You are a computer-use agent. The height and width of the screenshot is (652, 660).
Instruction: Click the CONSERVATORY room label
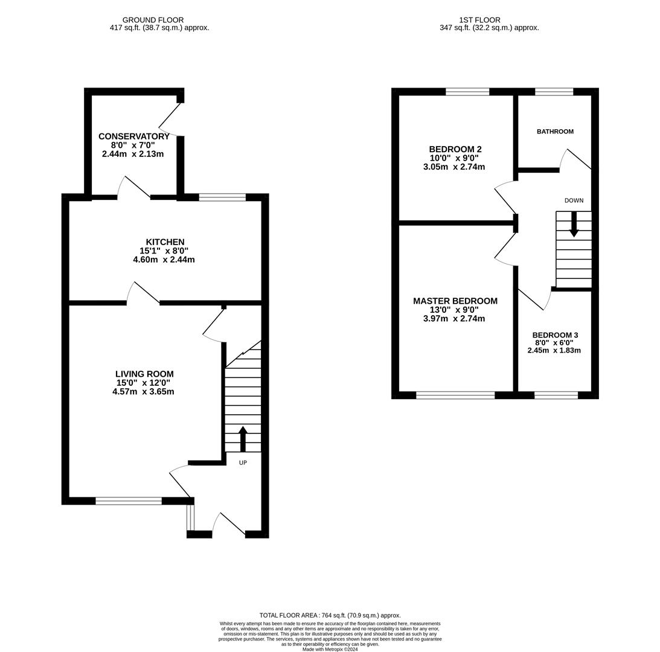(x=134, y=136)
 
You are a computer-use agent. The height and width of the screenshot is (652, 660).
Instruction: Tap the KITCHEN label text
(x=165, y=242)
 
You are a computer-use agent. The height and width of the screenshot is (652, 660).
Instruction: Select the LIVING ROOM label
(x=144, y=374)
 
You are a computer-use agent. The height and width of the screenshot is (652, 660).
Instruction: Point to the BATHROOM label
(x=555, y=132)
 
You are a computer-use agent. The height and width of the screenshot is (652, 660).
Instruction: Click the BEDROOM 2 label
(x=455, y=149)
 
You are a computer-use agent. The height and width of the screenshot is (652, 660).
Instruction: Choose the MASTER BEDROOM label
(x=455, y=301)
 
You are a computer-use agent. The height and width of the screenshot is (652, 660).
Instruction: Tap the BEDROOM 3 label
(x=555, y=335)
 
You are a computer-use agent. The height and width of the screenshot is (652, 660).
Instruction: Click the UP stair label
(x=243, y=462)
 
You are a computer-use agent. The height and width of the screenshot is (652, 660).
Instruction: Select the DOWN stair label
(x=574, y=200)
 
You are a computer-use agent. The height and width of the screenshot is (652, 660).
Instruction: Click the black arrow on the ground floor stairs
(x=243, y=439)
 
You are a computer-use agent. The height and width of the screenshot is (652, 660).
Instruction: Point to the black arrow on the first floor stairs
(x=574, y=225)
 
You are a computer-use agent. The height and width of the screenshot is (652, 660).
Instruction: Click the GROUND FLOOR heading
(x=153, y=20)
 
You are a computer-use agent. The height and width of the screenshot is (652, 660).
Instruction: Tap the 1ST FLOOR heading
(x=480, y=20)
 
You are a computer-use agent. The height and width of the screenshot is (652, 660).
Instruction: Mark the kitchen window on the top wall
(x=222, y=197)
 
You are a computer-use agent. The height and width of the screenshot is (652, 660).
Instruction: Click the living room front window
(x=129, y=501)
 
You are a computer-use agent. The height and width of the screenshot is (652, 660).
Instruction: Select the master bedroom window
(x=455, y=395)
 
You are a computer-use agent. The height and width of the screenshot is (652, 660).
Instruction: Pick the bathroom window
(x=554, y=91)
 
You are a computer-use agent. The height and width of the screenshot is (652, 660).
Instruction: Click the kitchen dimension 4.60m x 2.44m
(x=164, y=260)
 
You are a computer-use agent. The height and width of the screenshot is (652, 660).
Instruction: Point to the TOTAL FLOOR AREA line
(x=330, y=615)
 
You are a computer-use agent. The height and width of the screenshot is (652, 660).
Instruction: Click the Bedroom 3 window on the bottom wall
(x=556, y=395)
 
